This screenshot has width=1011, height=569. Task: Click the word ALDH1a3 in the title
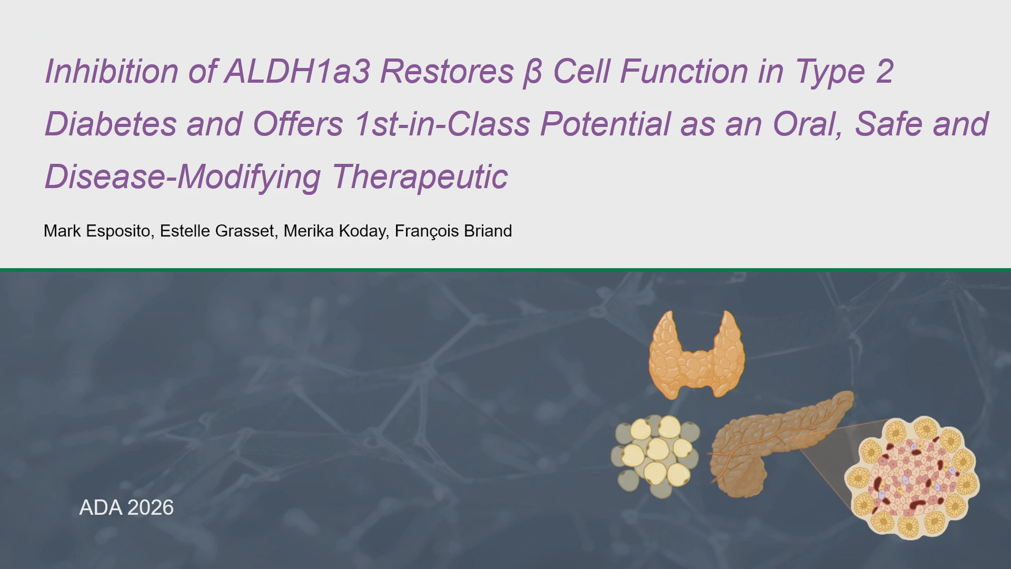point(298,71)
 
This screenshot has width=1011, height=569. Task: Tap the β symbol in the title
point(532,73)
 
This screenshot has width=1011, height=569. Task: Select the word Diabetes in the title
point(111,124)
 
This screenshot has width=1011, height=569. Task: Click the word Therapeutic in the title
point(420,177)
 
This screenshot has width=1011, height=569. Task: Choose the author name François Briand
point(453,231)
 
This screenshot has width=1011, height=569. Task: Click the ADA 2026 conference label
point(126,507)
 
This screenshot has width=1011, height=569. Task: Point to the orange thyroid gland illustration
point(697,354)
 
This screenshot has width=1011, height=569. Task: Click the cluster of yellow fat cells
point(656,456)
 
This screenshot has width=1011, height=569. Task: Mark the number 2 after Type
point(885,71)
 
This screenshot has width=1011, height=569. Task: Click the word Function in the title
point(684,71)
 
